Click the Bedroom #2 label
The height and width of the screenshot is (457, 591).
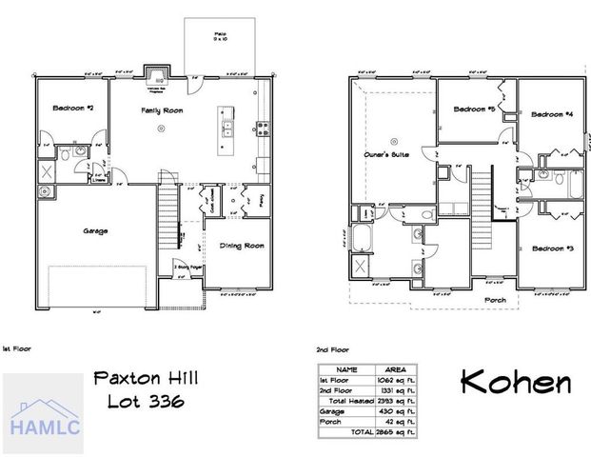pyautogui.click(x=60, y=108)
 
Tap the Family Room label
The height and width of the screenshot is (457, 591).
pyautogui.click(x=162, y=111)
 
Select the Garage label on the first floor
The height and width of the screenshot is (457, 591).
pyautogui.click(x=95, y=231)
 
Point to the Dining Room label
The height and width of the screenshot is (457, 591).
pyautogui.click(x=242, y=247)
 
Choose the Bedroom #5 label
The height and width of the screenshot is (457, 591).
pyautogui.click(x=473, y=109)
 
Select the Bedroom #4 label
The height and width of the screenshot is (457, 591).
pyautogui.click(x=551, y=114)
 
